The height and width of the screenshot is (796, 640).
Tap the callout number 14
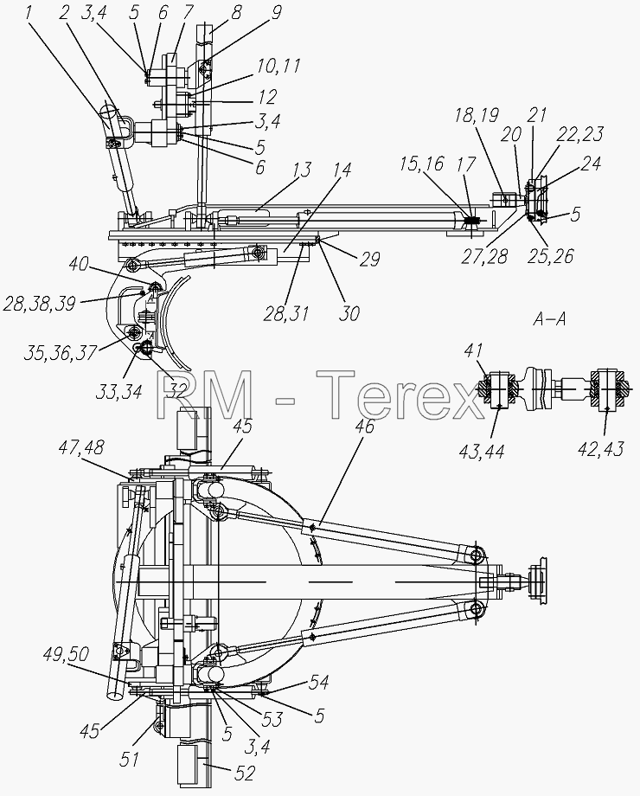pos(342,170)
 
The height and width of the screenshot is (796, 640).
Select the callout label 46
pos(364,427)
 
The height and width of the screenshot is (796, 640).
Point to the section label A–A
pos(550,319)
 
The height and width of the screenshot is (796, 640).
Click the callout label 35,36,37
pos(61,353)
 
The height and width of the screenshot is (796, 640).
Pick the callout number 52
pos(244,774)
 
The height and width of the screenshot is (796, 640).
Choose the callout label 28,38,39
pos(39,304)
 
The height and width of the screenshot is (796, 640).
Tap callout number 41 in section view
pos(473,350)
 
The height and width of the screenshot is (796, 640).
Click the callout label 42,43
pos(601,449)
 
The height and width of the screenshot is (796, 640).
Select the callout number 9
pos(276,12)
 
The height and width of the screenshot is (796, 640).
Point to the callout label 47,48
pos(81,448)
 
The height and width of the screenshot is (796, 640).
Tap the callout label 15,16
pos(420,164)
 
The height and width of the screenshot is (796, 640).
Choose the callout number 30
pos(349,313)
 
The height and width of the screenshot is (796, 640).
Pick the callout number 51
pos(130,759)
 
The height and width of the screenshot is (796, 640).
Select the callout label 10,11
pos(278,67)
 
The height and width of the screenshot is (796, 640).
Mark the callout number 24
pos(590,164)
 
